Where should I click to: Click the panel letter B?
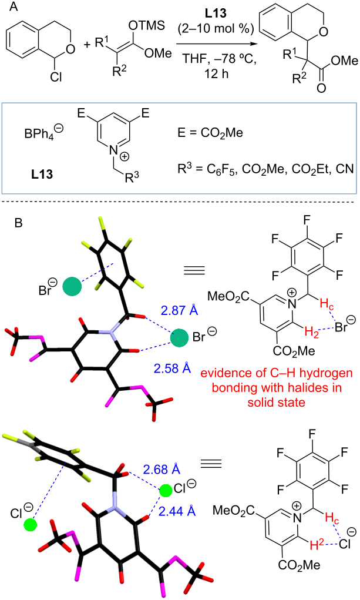[x=18, y=223]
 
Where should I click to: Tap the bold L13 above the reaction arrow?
[x=216, y=13]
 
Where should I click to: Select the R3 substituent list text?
[x=265, y=169]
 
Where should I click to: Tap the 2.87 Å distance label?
[x=180, y=310]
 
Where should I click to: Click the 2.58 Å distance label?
[x=172, y=368]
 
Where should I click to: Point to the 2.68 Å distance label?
[x=161, y=469]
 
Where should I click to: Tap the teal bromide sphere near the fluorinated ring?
[x=72, y=287]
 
